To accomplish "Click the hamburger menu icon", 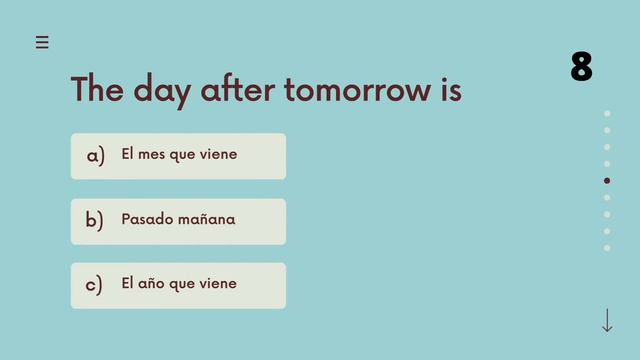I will [x=42, y=42].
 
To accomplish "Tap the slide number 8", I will [x=581, y=67].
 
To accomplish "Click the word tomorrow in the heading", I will [x=357, y=90].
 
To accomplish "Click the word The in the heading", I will [x=97, y=90].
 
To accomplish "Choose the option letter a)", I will [x=95, y=156].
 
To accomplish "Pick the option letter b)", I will [x=95, y=221].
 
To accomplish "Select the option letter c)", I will [x=95, y=285].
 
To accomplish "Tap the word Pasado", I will [x=147, y=219].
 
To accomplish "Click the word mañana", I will [x=207, y=220].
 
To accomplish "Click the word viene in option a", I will [x=219, y=155].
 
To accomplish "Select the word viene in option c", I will [x=219, y=283].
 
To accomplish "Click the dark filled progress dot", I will [x=607, y=181].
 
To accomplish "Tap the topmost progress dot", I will [x=607, y=113].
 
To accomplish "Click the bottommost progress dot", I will [x=607, y=248].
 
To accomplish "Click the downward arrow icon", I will [x=607, y=321].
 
